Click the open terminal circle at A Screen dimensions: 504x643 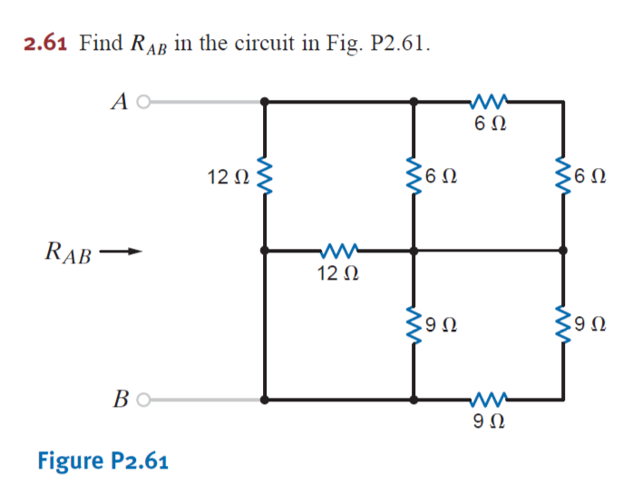pyautogui.click(x=142, y=103)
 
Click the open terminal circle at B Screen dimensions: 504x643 pyautogui.click(x=142, y=398)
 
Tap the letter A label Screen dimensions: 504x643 pyautogui.click(x=119, y=103)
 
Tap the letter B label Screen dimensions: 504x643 pyautogui.click(x=120, y=398)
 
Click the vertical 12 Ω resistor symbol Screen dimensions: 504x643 pyautogui.click(x=265, y=175)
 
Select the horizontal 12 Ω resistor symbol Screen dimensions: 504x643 pyautogui.click(x=339, y=249)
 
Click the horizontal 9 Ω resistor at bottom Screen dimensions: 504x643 pyautogui.click(x=488, y=398)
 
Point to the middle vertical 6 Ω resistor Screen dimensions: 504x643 pyautogui.click(x=414, y=175)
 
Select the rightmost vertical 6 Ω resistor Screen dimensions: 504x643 pyautogui.click(x=563, y=175)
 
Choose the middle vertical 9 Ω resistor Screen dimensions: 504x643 pyautogui.click(x=414, y=322)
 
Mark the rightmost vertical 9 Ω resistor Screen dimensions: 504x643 pyautogui.click(x=563, y=322)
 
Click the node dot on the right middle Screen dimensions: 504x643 pyautogui.click(x=563, y=250)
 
